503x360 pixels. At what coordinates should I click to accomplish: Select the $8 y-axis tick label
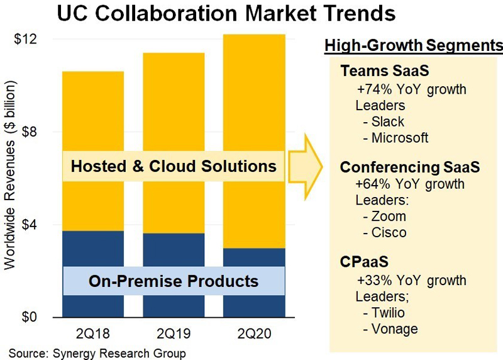point(30,132)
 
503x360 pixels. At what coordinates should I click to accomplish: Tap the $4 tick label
point(30,225)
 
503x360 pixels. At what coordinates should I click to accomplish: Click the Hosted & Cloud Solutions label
point(174,166)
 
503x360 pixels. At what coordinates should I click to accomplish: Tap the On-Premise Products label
point(174,280)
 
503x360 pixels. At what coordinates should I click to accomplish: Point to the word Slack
point(388,121)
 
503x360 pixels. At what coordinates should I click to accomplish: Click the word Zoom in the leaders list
point(389,217)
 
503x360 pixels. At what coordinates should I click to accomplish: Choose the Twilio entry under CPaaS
point(389,313)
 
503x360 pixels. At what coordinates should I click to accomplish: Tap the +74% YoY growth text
point(411,89)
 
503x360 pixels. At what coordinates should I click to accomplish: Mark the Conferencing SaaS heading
point(410,167)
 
